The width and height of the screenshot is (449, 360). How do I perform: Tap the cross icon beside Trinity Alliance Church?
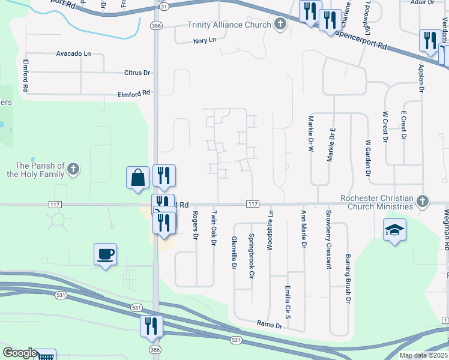tap(279, 25)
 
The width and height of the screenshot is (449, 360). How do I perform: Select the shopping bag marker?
tap(138, 178)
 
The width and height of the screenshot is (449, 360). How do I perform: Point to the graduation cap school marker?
tap(394, 230)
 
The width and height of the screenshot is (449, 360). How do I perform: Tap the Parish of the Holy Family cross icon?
tap(73, 168)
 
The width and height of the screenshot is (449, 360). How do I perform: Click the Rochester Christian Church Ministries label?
tap(376, 202)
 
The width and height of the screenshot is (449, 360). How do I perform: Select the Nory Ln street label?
tap(204, 41)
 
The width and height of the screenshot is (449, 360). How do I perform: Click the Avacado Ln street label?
tap(73, 53)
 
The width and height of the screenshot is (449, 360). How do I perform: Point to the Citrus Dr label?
tap(137, 73)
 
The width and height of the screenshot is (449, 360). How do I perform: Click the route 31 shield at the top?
tap(164, 5)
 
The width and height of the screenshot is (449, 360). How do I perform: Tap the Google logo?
tap(19, 353)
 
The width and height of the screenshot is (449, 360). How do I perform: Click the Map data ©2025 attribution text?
tap(423, 355)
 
